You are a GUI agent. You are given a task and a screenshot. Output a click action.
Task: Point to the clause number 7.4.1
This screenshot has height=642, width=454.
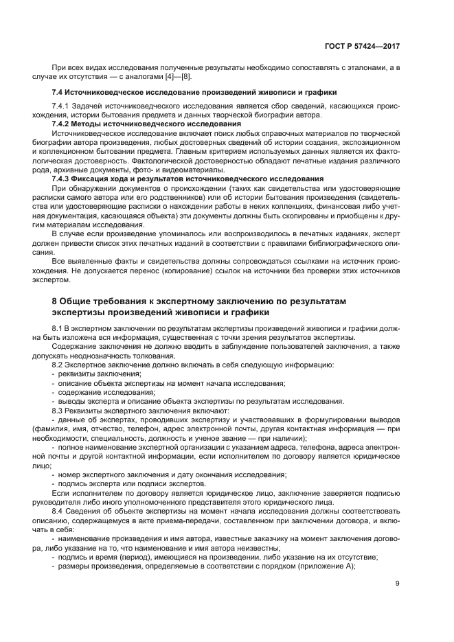coord(63,106)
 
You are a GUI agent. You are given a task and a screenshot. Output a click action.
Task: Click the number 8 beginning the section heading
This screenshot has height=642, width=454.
coord(56,301)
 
